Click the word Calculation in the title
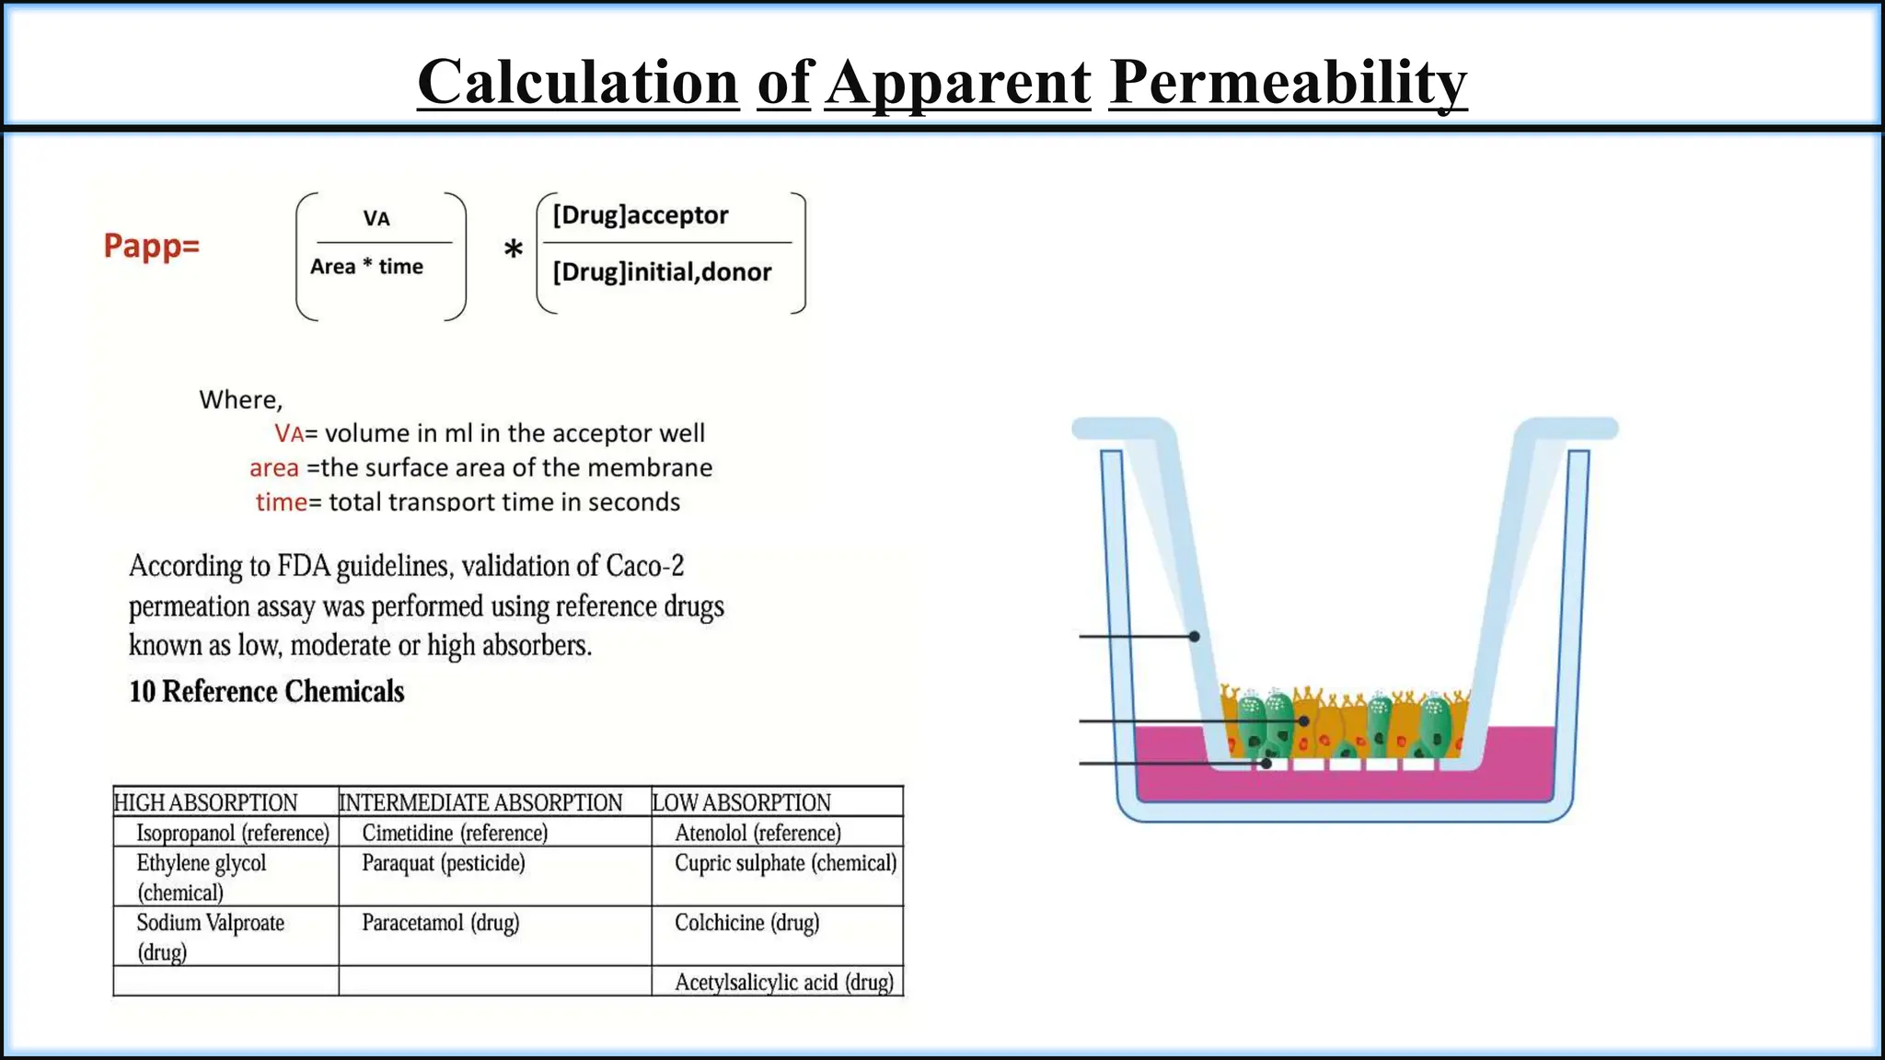pyautogui.click(x=578, y=83)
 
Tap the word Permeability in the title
pyautogui.click(x=1288, y=83)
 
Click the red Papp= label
pyautogui.click(x=152, y=246)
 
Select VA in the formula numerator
pyautogui.click(x=376, y=219)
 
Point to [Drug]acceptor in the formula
pyautogui.click(x=641, y=215)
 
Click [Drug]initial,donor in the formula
pyautogui.click(x=662, y=272)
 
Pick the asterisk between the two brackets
pyautogui.click(x=514, y=250)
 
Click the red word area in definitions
pyautogui.click(x=274, y=468)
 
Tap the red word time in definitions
pyautogui.click(x=281, y=502)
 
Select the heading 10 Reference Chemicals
pyautogui.click(x=267, y=692)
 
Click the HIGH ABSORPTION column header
pyautogui.click(x=206, y=802)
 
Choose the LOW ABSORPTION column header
pyautogui.click(x=742, y=802)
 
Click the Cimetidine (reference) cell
pyautogui.click(x=455, y=833)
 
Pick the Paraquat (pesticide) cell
pyautogui.click(x=444, y=863)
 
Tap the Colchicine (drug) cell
pyautogui.click(x=746, y=923)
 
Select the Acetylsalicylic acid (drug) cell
pyautogui.click(x=784, y=983)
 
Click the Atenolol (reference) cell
pyautogui.click(x=757, y=833)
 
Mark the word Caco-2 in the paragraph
pyautogui.click(x=644, y=566)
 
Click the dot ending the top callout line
pyautogui.click(x=1194, y=636)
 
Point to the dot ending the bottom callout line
pyautogui.click(x=1266, y=764)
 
